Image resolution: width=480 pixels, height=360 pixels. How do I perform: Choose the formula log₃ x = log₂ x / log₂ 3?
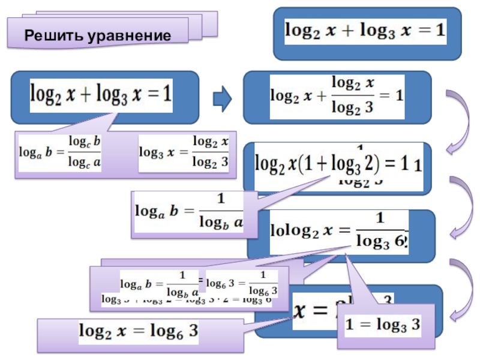[x=184, y=153]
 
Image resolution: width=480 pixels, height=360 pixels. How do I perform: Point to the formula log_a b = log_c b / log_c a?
[x=60, y=153]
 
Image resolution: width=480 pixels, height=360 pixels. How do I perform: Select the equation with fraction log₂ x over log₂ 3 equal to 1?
[x=336, y=96]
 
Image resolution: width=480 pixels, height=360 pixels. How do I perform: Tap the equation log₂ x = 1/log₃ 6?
[x=340, y=231]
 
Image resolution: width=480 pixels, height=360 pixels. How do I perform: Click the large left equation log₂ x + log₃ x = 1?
[x=101, y=94]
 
